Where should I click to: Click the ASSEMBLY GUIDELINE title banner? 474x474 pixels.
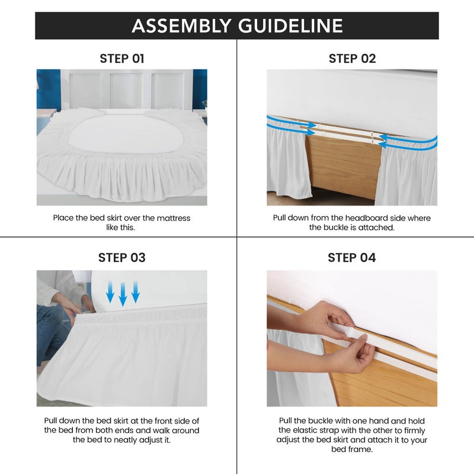tap(237, 25)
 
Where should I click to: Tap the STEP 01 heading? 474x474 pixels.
tap(121, 59)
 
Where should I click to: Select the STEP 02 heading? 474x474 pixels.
tap(352, 59)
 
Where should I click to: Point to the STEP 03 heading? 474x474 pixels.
tap(121, 258)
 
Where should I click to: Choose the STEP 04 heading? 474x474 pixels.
tap(352, 258)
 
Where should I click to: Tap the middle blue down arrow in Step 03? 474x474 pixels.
tap(123, 294)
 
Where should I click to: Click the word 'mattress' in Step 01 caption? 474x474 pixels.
tap(172, 218)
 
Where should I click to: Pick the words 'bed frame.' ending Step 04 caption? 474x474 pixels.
tap(352, 449)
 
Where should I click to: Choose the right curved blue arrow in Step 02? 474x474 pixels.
tap(409, 141)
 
